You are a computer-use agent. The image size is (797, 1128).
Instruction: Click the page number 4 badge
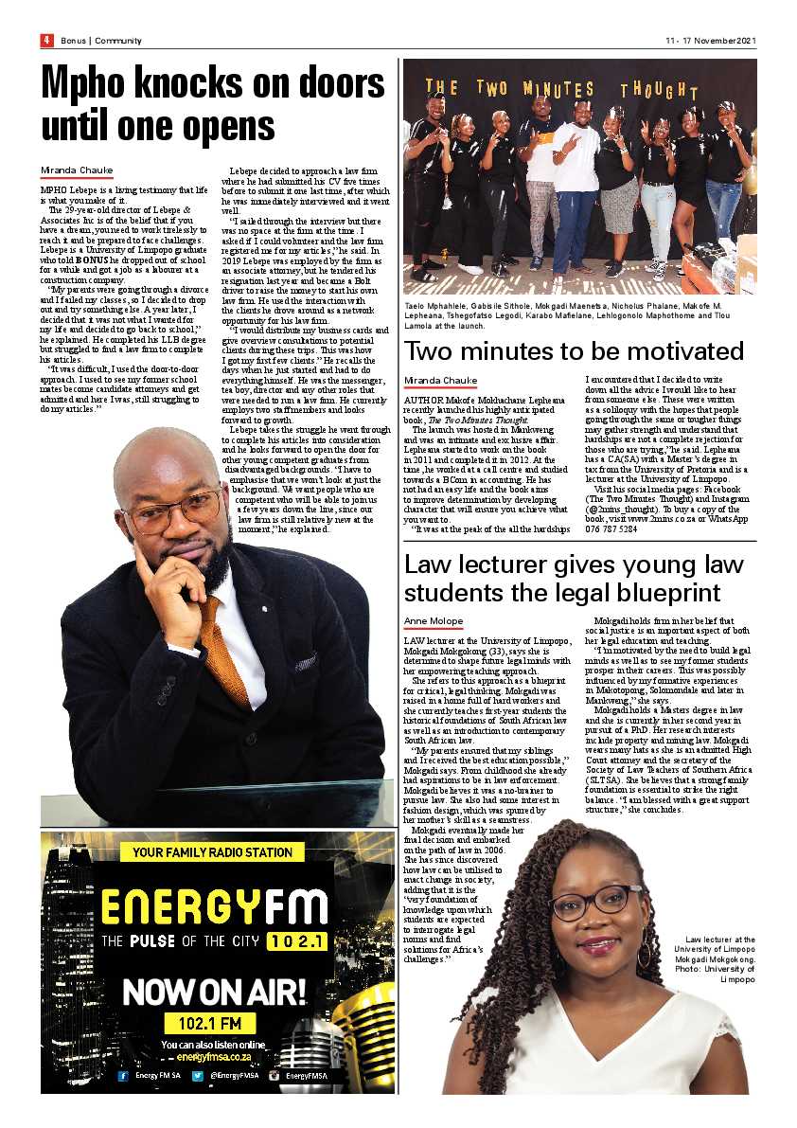[x=45, y=40]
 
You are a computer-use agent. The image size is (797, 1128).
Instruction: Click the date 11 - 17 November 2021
[x=711, y=41]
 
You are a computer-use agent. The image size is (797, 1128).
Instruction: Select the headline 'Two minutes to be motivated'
[x=574, y=350]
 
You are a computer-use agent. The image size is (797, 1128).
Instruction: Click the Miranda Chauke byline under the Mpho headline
[x=77, y=170]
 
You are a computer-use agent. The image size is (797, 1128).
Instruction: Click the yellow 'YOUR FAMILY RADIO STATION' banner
[x=212, y=852]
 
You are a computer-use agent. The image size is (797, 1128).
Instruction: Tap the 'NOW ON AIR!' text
[x=215, y=992]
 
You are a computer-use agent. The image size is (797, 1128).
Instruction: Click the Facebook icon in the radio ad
[x=123, y=1076]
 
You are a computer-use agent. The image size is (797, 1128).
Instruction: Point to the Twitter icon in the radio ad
[x=198, y=1076]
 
